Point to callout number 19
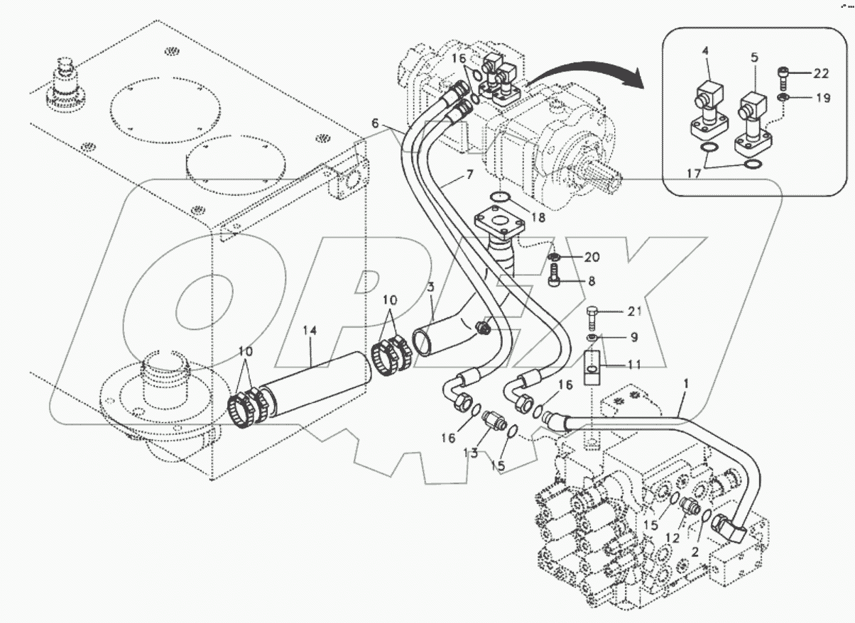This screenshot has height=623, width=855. [x=822, y=99]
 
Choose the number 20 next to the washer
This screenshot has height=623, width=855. [x=592, y=256]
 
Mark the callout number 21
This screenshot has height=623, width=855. [x=616, y=311]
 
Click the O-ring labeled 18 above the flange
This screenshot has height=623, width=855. [x=502, y=197]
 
